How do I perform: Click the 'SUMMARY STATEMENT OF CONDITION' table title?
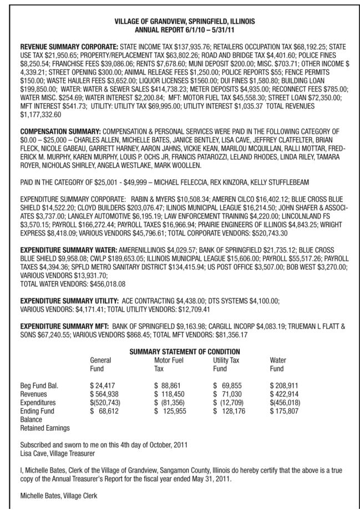(x=184, y=352)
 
